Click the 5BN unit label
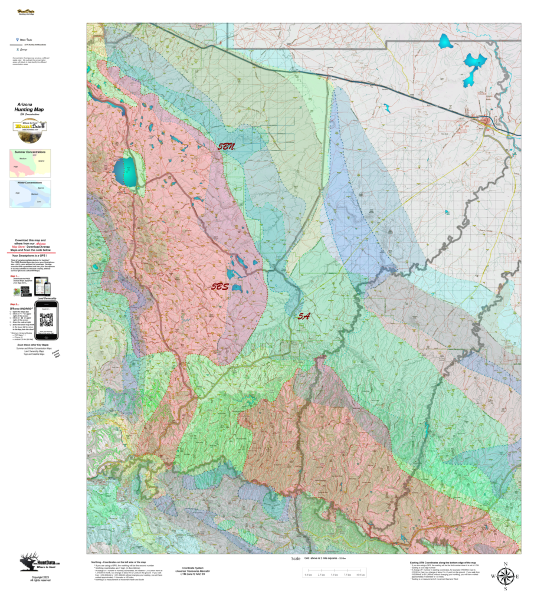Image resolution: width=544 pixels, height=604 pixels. click(x=227, y=147)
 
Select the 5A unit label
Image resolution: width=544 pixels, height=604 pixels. click(x=303, y=316)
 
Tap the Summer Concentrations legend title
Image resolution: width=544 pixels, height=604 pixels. click(x=30, y=152)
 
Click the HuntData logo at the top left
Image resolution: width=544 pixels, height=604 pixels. click(x=26, y=11)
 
